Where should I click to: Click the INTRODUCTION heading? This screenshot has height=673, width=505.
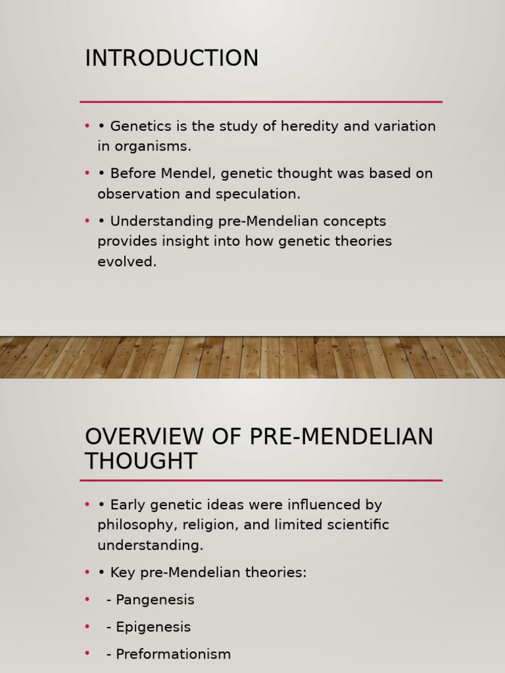pyautogui.click(x=172, y=58)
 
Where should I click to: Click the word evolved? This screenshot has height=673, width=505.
pyautogui.click(x=127, y=262)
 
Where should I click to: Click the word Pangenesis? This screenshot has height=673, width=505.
pyautogui.click(x=155, y=600)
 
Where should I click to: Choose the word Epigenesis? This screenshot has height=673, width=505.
pyautogui.click(x=153, y=627)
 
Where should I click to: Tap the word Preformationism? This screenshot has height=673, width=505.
pyautogui.click(x=174, y=655)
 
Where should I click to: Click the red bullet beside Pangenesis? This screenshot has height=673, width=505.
pyautogui.click(x=87, y=600)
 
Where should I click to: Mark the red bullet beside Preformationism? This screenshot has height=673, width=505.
pyautogui.click(x=87, y=655)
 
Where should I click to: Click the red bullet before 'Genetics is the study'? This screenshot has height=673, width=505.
pyautogui.click(x=87, y=126)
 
